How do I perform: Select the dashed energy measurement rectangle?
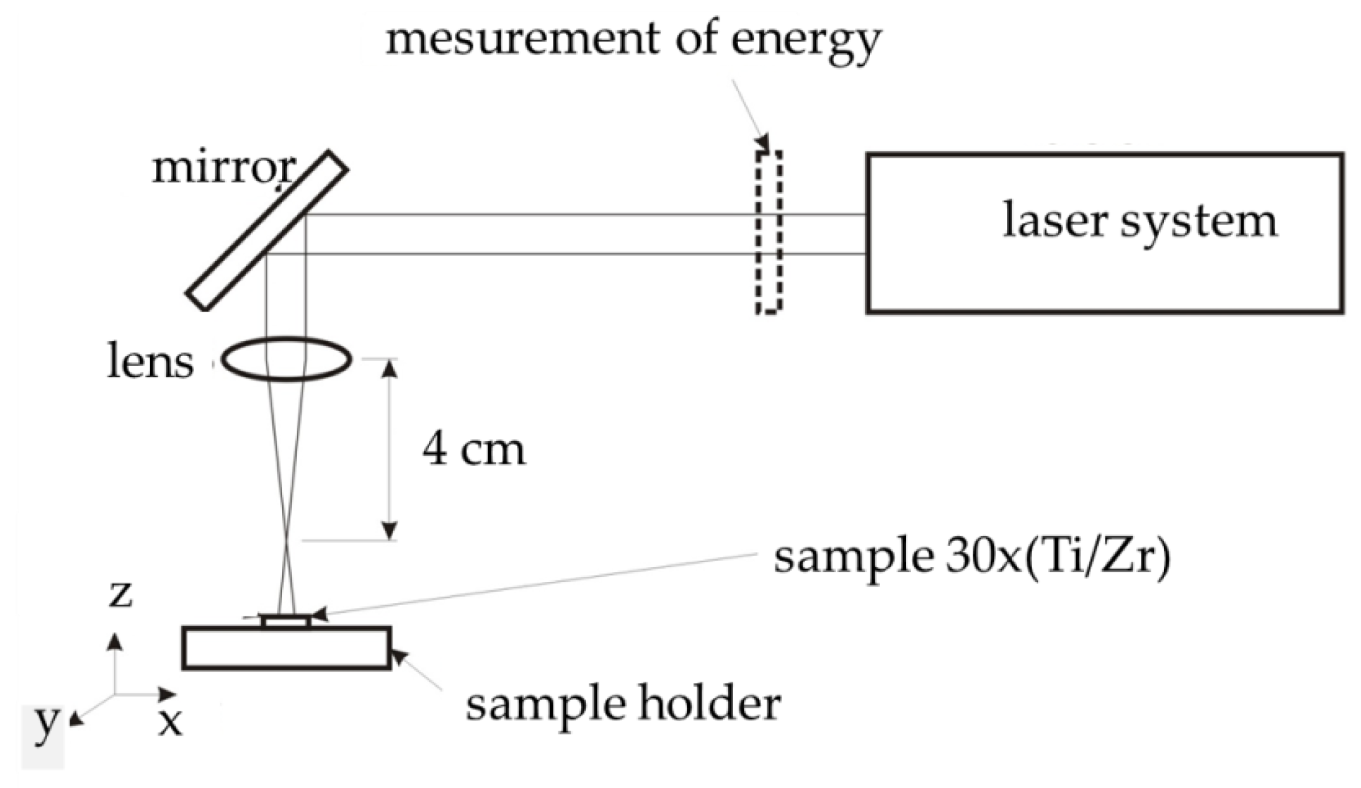pos(769,232)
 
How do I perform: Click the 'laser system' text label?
pos(1139,221)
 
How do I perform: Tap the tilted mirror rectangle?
pos(267,231)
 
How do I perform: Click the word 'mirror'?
pos(224,169)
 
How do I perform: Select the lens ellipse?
pos(286,360)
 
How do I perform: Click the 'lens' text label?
pos(150,362)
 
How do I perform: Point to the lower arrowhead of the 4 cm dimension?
pos(390,530)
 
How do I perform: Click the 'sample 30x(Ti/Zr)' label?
pos(972,558)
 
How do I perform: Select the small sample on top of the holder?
pos(286,621)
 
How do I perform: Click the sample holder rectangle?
pos(286,648)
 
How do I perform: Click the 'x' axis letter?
pos(170,722)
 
